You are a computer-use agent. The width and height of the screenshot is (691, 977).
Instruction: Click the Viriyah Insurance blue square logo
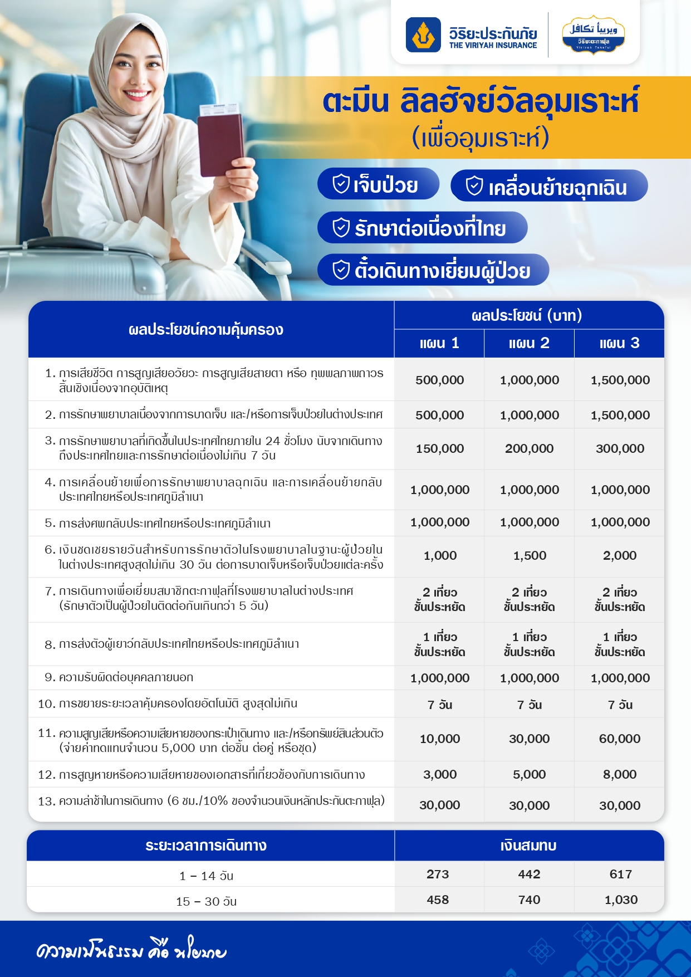tap(423, 35)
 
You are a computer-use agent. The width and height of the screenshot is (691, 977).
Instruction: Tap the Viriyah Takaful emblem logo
tap(593, 34)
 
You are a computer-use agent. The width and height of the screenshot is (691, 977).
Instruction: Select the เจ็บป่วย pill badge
tap(378, 184)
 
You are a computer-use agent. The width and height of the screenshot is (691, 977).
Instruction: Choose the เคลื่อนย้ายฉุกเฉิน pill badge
tap(548, 187)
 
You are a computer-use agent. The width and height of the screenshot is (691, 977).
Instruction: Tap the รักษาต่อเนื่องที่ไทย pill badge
tap(422, 228)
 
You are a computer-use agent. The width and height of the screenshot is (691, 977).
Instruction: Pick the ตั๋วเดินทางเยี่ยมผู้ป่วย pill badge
tap(433, 270)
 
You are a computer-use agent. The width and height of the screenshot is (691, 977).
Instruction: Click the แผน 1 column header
tap(439, 343)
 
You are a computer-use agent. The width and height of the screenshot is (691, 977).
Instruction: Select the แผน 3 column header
tap(619, 343)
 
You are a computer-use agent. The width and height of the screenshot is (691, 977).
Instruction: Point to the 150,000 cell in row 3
tap(439, 448)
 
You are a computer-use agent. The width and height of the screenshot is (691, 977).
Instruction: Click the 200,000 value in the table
tap(529, 448)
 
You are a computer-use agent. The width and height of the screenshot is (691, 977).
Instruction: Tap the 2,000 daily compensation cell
tap(620, 555)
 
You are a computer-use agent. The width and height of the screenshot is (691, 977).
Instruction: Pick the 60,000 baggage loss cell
tap(620, 739)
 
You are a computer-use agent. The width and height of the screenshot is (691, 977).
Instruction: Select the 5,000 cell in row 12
tap(529, 774)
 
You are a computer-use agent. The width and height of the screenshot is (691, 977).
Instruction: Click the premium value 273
tap(438, 874)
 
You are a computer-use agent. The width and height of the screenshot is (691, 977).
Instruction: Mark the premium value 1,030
tap(621, 900)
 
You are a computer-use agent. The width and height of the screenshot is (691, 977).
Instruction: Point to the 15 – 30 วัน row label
tap(207, 901)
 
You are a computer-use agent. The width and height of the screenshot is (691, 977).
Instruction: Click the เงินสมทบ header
tap(528, 846)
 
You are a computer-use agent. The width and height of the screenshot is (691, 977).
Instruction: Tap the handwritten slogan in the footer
tap(131, 951)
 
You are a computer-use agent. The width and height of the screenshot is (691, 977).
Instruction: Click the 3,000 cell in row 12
tap(439, 774)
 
